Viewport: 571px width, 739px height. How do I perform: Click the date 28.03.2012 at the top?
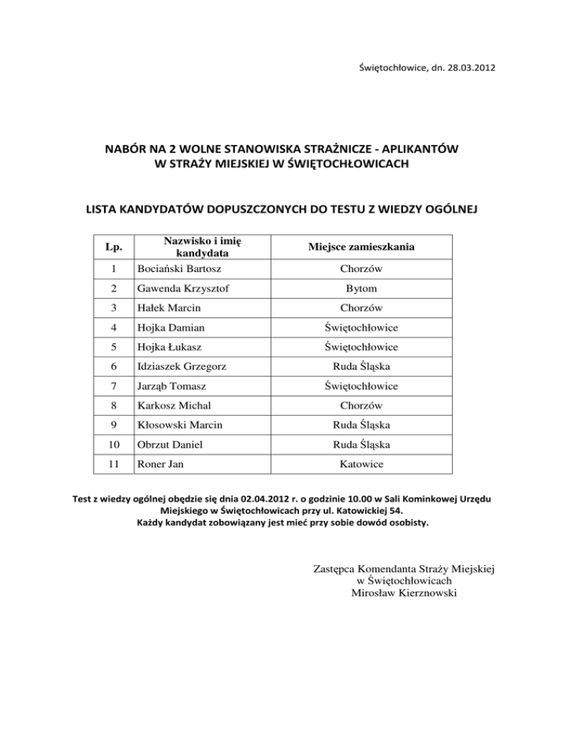pos(465,69)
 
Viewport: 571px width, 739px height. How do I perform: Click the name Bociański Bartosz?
pos(177,267)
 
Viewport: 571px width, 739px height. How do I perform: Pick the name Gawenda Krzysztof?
pos(181,288)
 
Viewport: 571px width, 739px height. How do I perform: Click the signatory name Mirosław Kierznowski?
pos(401,593)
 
